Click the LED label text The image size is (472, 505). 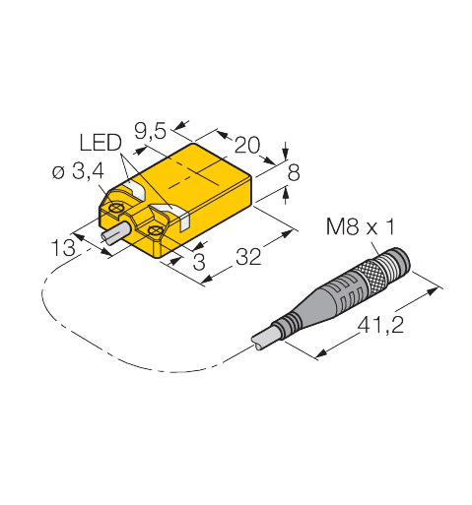pos(101,143)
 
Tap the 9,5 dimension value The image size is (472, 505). pos(151,132)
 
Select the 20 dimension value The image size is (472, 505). pos(247,145)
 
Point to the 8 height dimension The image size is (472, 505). pos(294,173)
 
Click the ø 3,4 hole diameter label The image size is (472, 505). pos(78,171)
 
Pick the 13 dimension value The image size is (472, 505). pos(63,248)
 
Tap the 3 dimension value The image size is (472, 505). pos(199,262)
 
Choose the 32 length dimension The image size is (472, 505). pos(248,257)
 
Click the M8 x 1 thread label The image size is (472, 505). pos(360,226)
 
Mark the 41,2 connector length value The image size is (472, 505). pos(380,326)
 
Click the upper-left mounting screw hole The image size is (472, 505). pos(116,208)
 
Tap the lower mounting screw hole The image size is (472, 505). pos(154,231)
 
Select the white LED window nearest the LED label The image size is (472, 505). pos(135,189)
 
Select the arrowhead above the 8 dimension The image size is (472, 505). pos(285,153)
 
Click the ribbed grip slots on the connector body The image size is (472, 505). pos(347,293)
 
